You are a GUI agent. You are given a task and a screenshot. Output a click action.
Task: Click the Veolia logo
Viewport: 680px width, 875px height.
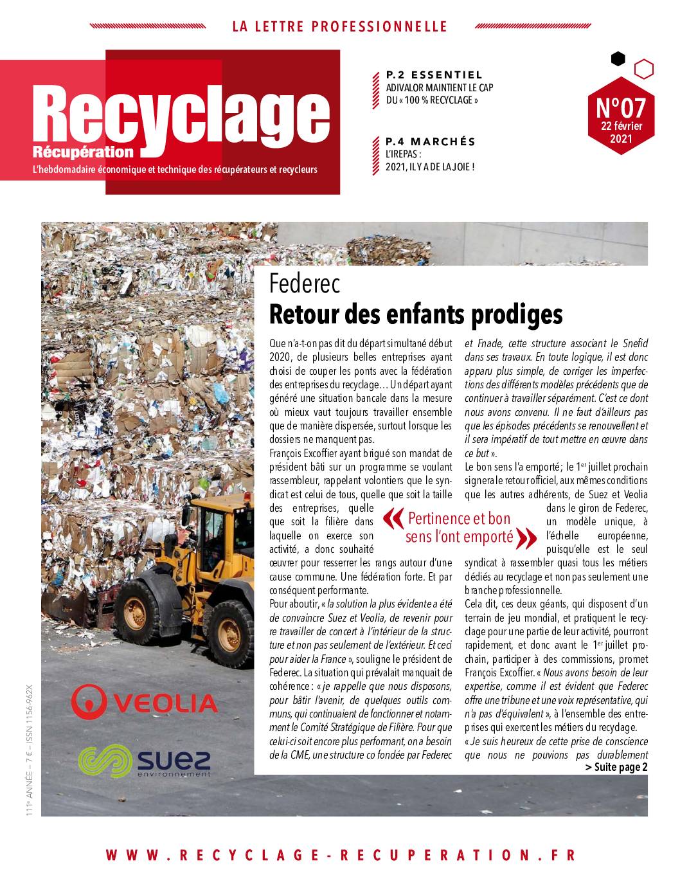[145, 701]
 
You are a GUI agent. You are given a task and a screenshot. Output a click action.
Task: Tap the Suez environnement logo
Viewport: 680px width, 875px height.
[144, 761]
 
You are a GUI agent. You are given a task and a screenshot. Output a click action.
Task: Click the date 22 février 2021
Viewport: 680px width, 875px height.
[621, 132]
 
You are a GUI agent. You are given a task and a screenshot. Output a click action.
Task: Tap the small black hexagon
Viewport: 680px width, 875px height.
[618, 59]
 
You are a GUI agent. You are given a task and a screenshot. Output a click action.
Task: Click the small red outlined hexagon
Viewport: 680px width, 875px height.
[643, 69]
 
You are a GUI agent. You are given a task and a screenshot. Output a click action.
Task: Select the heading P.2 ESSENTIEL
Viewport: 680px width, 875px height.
[434, 75]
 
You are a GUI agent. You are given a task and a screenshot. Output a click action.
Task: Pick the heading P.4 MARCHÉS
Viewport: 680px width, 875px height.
[430, 141]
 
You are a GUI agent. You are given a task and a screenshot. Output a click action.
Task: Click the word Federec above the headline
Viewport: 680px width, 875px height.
[304, 283]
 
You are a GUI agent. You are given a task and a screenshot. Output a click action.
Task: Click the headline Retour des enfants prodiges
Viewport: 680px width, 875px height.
[416, 314]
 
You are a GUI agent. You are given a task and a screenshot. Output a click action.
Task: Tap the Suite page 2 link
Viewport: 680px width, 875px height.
[616, 767]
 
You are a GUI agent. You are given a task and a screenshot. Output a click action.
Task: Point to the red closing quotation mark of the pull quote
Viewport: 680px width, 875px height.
[526, 537]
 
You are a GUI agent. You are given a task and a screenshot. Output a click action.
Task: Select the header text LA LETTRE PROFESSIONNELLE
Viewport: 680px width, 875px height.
[339, 26]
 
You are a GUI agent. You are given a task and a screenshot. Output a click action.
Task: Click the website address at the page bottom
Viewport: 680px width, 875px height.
[340, 855]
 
